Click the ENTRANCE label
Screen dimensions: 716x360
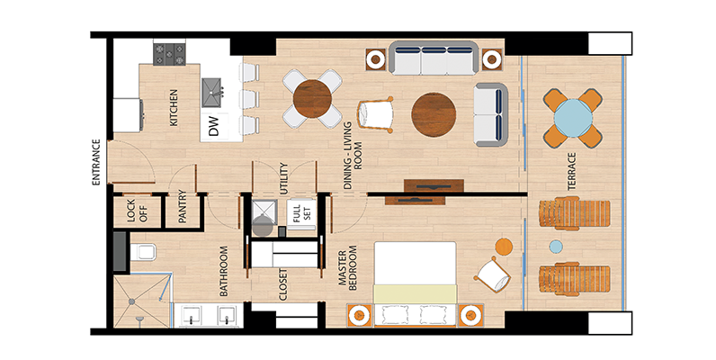[x=96, y=162]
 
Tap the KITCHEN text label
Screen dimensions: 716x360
[x=174, y=108]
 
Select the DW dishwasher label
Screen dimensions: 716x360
[x=213, y=126]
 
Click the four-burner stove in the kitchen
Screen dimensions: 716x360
[x=169, y=54]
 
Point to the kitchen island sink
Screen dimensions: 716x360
[x=212, y=93]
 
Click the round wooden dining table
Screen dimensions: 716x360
[x=312, y=99]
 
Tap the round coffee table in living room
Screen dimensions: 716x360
[x=434, y=114]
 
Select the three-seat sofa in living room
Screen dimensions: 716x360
[x=434, y=58]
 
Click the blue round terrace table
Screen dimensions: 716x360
[x=573, y=118]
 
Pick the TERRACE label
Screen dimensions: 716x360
[x=572, y=171]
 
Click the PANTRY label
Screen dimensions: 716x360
[x=183, y=206]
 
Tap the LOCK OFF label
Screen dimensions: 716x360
[x=137, y=211]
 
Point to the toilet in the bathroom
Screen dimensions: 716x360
[x=143, y=252]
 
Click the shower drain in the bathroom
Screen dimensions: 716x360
[x=131, y=301]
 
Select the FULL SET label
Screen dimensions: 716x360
[x=301, y=213]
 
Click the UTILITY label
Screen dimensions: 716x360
[x=283, y=178]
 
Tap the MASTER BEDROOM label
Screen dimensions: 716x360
[x=347, y=268]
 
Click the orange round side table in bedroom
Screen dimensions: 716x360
[x=504, y=247]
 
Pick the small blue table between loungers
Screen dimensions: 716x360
[x=556, y=247]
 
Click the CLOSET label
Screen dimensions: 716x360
[x=283, y=284]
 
